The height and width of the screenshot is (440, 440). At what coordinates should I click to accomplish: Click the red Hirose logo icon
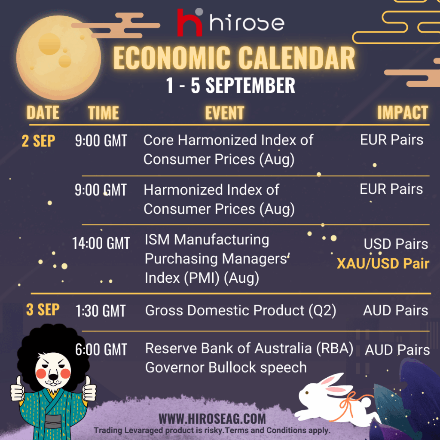(189, 22)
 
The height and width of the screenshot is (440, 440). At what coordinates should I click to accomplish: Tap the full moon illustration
(58, 58)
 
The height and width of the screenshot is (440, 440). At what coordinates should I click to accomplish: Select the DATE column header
(43, 113)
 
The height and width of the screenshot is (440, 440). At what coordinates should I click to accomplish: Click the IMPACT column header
(403, 113)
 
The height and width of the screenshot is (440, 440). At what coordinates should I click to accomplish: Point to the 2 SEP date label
(38, 141)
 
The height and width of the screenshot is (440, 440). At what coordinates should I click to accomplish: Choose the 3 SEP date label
(43, 310)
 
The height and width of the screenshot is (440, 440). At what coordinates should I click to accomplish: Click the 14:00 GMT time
(101, 243)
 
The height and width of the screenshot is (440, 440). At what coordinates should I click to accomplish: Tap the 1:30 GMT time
(101, 311)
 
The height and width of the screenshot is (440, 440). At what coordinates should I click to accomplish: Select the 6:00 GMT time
(101, 350)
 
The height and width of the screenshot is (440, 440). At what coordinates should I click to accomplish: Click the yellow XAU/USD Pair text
(383, 263)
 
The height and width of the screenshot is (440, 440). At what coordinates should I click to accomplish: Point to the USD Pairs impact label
(396, 244)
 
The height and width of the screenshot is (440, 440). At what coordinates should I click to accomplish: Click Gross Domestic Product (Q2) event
(241, 311)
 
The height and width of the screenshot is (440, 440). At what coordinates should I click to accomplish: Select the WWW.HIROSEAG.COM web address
(212, 419)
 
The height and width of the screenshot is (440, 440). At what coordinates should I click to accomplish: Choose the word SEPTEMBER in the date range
(251, 86)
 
